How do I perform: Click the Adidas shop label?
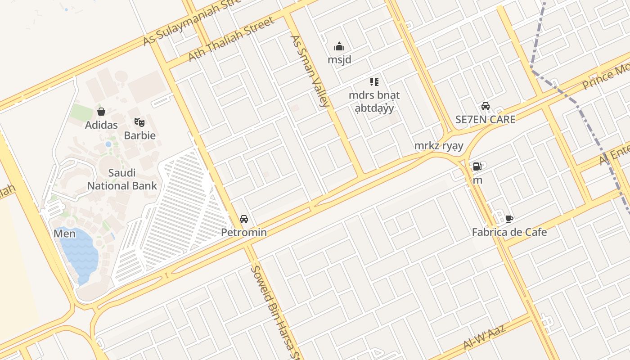point(101,125)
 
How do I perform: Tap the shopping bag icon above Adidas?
point(101,112)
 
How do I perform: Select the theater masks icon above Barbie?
point(139,122)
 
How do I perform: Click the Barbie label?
point(139,135)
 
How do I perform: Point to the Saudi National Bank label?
point(122,179)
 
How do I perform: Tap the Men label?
point(64,234)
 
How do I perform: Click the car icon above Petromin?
point(244,219)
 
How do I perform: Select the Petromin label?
point(244,233)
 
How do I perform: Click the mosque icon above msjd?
point(339,46)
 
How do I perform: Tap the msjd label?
point(339,60)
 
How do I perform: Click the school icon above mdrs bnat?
point(374,82)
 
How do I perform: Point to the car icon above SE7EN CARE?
point(486,106)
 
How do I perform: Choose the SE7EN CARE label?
point(486,120)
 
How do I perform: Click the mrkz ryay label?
point(438,146)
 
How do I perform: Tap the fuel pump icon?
point(477,166)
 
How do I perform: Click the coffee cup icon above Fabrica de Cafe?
point(509,219)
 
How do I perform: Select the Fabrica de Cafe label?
point(509,233)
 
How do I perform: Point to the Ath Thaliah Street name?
point(231,40)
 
